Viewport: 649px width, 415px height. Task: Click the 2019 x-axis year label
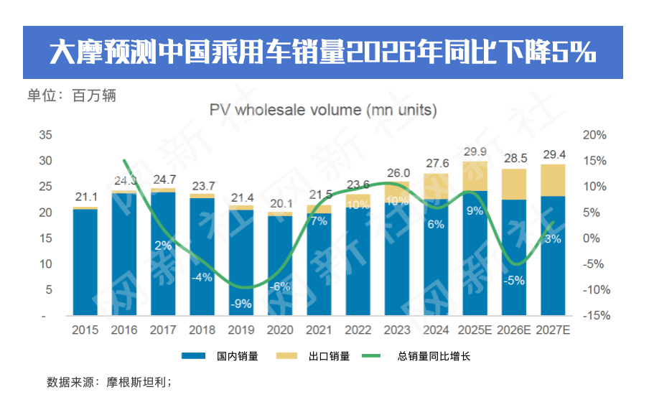(241, 330)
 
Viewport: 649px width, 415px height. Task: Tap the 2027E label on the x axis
(552, 330)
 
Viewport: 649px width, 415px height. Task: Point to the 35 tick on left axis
(45, 135)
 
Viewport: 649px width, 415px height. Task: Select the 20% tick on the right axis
(596, 135)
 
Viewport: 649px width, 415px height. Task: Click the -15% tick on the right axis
(594, 316)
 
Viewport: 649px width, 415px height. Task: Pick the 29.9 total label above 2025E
(475, 151)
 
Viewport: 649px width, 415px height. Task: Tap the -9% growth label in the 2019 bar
(241, 304)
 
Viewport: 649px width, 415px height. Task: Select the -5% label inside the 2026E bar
(513, 281)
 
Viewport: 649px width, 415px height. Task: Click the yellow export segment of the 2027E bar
(552, 179)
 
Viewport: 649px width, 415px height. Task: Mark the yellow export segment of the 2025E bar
(475, 175)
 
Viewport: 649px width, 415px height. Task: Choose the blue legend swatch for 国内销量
(194, 356)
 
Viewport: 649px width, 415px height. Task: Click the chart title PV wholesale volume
(323, 110)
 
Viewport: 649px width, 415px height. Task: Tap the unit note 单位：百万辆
(72, 95)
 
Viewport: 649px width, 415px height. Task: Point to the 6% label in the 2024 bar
(436, 224)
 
